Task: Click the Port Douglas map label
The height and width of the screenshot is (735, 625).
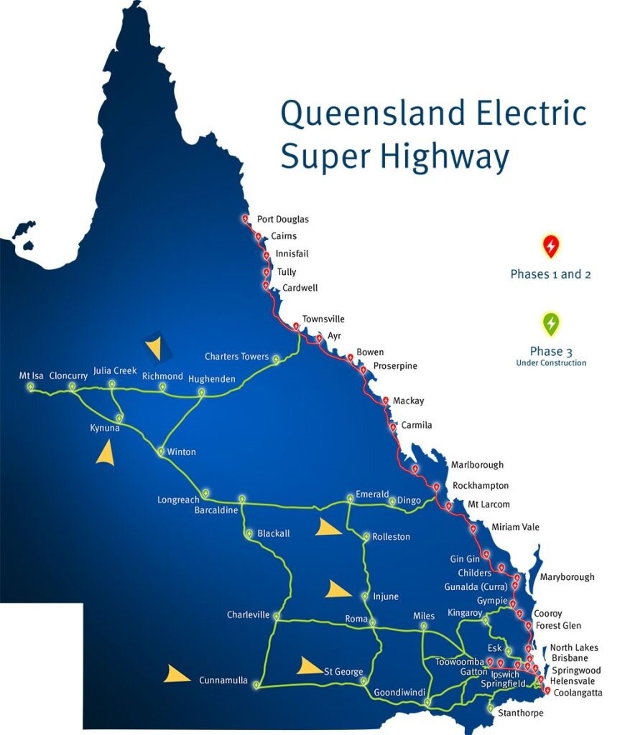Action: click(282, 220)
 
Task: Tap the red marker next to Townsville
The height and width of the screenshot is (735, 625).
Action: click(296, 327)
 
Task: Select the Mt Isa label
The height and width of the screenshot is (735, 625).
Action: click(31, 375)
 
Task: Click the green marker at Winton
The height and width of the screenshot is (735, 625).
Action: click(161, 451)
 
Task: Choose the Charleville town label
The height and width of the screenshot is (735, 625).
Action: click(248, 614)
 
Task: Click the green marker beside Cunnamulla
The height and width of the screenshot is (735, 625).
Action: click(256, 685)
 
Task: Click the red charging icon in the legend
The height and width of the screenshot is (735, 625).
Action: click(550, 247)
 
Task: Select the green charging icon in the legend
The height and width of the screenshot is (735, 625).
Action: click(550, 324)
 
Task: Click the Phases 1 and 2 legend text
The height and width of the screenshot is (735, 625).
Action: click(550, 274)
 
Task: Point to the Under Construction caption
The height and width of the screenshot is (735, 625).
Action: click(550, 363)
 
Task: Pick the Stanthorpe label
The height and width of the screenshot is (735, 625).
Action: click(520, 713)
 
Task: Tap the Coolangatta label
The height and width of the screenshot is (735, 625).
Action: click(578, 693)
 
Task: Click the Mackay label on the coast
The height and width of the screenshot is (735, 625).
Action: click(408, 401)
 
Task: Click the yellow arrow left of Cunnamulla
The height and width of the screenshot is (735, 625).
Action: click(175, 674)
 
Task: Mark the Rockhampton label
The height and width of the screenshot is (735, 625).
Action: click(480, 486)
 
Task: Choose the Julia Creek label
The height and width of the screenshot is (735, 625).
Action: click(115, 370)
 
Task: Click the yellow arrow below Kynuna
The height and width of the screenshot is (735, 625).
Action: click(106, 453)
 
